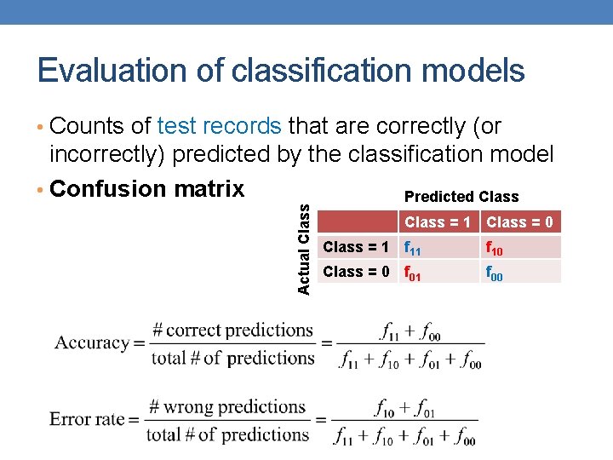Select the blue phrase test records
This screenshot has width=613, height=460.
click(x=220, y=127)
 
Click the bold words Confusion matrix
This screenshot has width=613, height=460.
click(x=147, y=188)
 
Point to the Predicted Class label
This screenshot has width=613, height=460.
click(x=461, y=197)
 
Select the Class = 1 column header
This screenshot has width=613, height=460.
click(x=438, y=222)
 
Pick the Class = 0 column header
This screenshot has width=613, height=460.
click(x=519, y=222)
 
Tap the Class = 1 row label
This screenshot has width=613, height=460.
click(x=357, y=247)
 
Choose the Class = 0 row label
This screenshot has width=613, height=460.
click(x=357, y=272)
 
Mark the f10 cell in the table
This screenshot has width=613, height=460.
click(x=495, y=249)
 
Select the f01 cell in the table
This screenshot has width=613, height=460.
click(x=412, y=273)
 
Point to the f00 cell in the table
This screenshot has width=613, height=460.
click(x=495, y=273)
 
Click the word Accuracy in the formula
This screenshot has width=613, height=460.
click(x=92, y=343)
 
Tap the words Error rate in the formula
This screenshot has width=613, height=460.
click(x=88, y=419)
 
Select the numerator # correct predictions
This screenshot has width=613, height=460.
click(x=232, y=330)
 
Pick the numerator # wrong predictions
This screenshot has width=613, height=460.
click(x=228, y=406)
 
